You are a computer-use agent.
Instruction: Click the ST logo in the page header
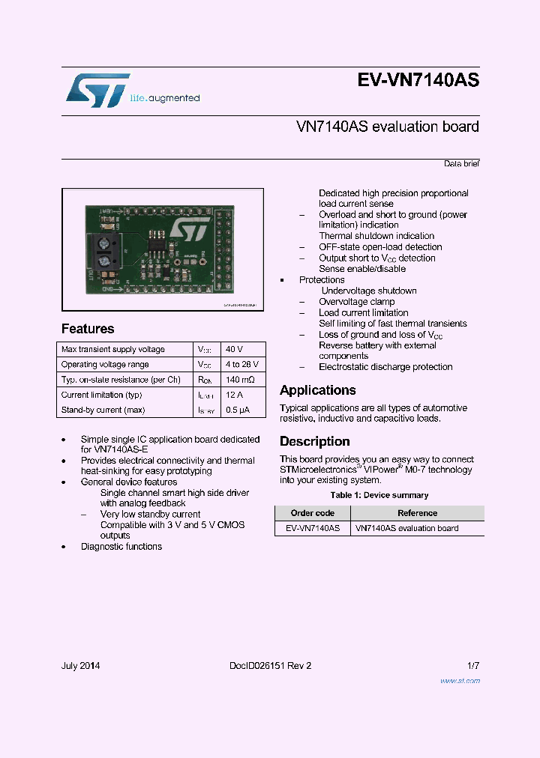[x=97, y=91]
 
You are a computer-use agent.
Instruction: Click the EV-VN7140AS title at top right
[x=418, y=82]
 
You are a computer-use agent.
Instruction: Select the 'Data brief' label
[x=460, y=163]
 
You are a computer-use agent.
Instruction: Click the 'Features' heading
[x=88, y=329]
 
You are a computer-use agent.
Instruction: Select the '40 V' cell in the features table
[x=234, y=350]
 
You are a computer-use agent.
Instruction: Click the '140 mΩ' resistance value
[x=239, y=380]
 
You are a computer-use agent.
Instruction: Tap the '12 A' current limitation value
[x=234, y=395]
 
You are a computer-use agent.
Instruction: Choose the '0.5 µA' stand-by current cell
[x=237, y=410]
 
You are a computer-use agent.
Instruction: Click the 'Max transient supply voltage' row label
[x=112, y=350]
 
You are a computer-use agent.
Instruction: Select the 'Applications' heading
[x=317, y=390]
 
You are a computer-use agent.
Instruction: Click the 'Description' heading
[x=314, y=442]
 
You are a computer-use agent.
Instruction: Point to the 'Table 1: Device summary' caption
[x=379, y=495]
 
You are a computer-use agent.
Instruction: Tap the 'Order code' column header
[x=312, y=513]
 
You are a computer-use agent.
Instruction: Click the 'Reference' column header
[x=417, y=513]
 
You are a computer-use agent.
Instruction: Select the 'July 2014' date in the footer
[x=80, y=666]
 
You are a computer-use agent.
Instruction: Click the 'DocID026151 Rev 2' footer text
[x=270, y=666]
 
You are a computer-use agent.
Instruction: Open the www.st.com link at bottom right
[x=459, y=681]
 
